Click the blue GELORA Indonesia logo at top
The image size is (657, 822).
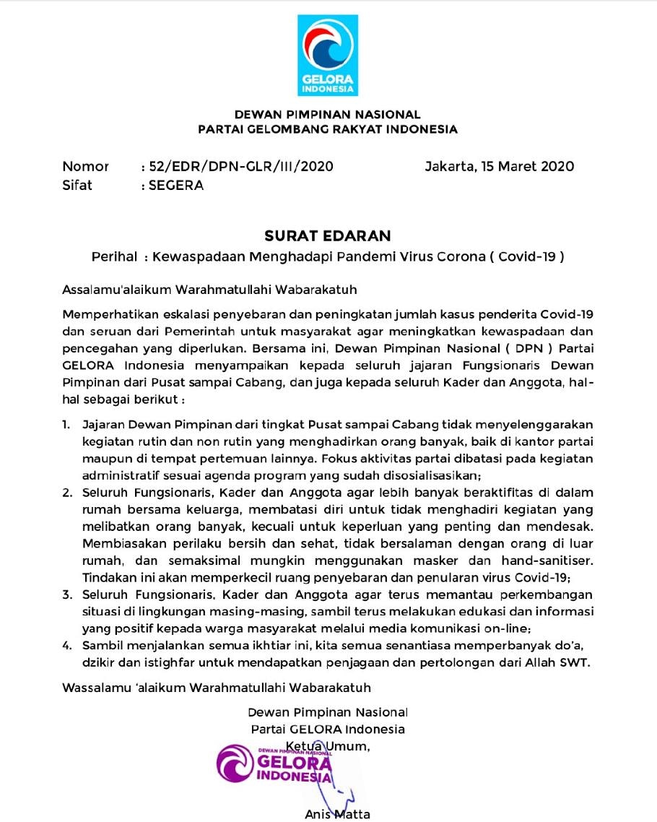328,55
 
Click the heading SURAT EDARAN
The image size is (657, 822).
328,235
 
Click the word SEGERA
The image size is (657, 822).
176,185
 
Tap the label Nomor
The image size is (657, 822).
85,166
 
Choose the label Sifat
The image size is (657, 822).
77,185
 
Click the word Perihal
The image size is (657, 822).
115,256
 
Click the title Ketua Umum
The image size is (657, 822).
328,746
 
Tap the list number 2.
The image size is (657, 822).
66,493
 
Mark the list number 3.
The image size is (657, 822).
66,594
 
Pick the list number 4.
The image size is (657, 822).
66,645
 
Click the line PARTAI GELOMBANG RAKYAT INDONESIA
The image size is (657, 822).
328,130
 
